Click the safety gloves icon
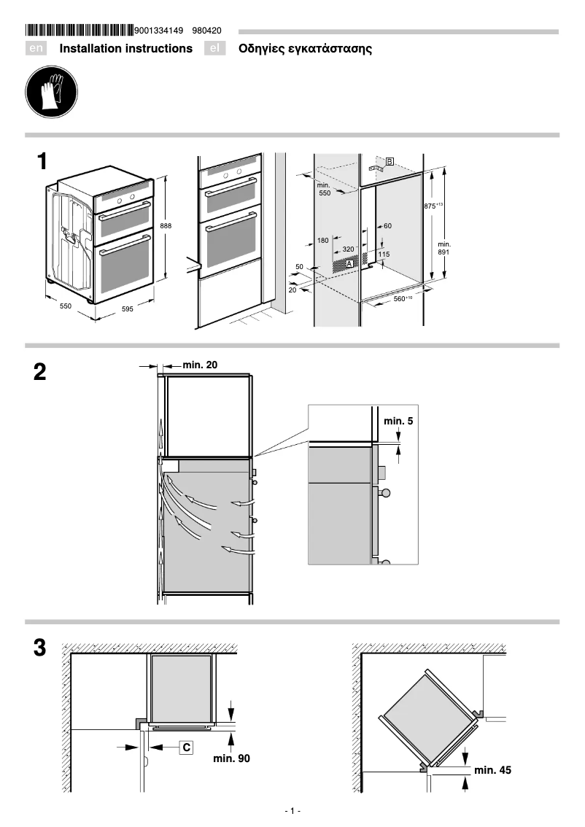(48, 93)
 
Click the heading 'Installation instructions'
(125, 49)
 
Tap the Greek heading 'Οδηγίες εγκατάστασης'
(305, 49)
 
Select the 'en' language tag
(36, 49)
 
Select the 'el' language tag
(214, 49)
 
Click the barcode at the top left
(80, 31)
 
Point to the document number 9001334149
(159, 31)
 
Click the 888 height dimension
(166, 227)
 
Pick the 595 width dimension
(127, 309)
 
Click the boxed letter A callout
(349, 263)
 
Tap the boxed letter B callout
(390, 161)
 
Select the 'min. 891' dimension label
(443, 247)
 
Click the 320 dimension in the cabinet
(348, 249)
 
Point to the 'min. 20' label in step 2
(199, 364)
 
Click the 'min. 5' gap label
(398, 422)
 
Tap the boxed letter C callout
(186, 747)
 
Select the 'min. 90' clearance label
(231, 759)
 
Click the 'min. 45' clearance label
(492, 770)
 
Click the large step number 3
(40, 648)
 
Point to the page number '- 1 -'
(292, 811)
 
